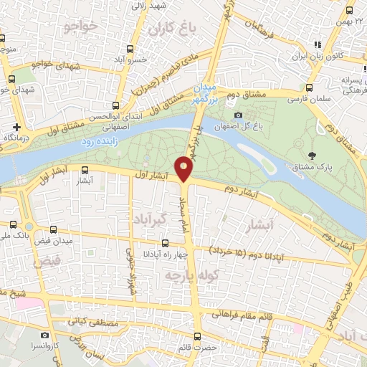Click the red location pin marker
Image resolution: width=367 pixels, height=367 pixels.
click(184, 168)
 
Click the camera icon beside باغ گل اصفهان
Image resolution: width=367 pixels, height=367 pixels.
click(238, 115)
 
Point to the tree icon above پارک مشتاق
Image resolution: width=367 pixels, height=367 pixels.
click(311, 155)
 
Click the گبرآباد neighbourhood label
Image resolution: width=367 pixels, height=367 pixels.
click(150, 216)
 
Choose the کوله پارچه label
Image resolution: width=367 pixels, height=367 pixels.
click(190, 274)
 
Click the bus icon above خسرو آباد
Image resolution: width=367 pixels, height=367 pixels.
click(130, 49)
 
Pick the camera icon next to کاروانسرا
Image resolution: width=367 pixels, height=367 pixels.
click(45, 335)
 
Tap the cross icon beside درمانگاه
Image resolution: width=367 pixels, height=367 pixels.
click(6, 126)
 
